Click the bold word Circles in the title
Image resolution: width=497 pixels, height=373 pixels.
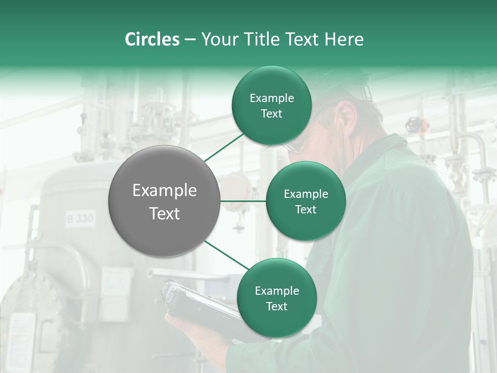[152, 39]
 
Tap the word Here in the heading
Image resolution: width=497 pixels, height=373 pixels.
[344, 39]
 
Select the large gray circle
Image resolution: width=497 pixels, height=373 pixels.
[165, 201]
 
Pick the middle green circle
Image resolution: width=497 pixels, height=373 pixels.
[305, 201]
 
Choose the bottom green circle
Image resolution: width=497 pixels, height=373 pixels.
[276, 298]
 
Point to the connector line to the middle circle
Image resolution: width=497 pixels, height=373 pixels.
[243, 201]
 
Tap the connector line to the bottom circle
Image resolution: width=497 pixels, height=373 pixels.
[227, 255]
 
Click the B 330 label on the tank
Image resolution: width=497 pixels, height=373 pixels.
[80, 219]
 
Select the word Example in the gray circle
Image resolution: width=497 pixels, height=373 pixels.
[165, 191]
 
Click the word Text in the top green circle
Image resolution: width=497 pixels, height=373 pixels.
[271, 114]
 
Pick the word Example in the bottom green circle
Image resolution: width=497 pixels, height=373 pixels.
[276, 291]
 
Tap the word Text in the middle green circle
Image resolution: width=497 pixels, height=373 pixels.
[305, 209]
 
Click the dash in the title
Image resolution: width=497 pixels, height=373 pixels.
[190, 39]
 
